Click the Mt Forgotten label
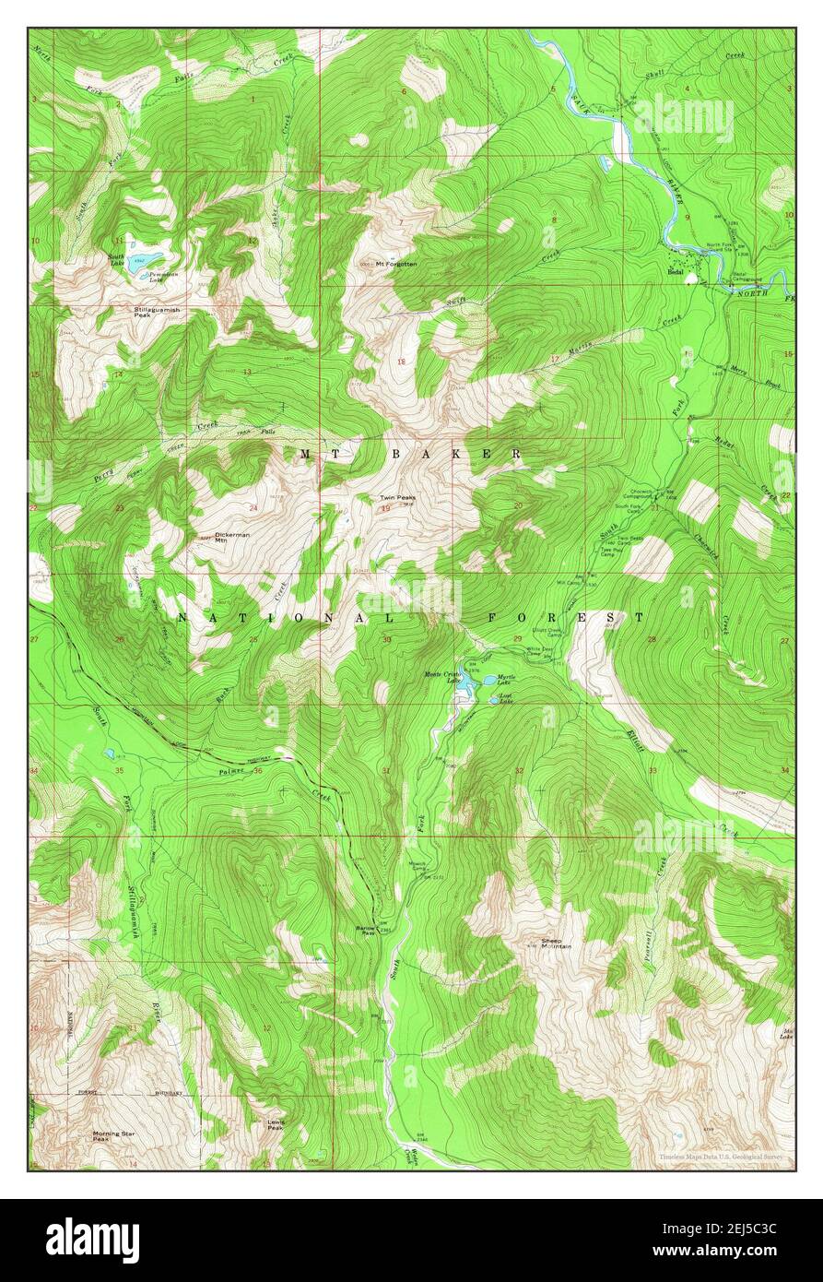pyautogui.click(x=396, y=264)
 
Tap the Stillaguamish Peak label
pyautogui.click(x=157, y=312)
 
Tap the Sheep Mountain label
pyautogui.click(x=557, y=944)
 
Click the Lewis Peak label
pyautogui.click(x=275, y=1124)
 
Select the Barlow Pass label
pyautogui.click(x=366, y=931)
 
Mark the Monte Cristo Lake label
pyautogui.click(x=440, y=676)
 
